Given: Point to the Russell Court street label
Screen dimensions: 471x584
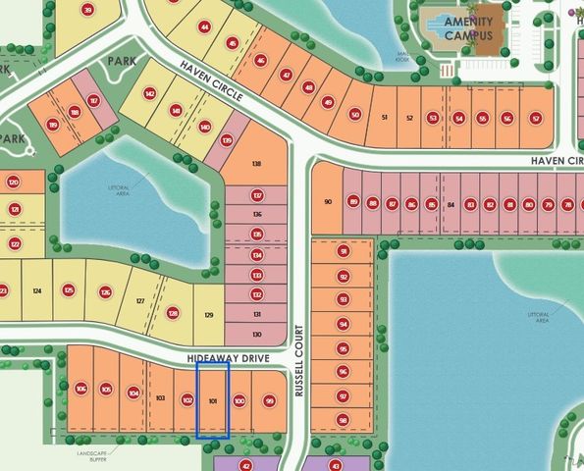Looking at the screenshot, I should click(300, 375).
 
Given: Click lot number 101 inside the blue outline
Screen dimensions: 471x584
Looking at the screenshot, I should click(214, 401).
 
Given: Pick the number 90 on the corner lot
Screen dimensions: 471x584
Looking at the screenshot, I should click(327, 202).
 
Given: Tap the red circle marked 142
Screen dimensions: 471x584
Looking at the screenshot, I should click(150, 94).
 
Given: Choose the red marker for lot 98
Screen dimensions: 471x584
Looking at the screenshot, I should click(343, 420).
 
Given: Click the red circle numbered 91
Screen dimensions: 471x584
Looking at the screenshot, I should click(343, 251).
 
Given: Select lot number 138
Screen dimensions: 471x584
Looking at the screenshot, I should click(257, 164).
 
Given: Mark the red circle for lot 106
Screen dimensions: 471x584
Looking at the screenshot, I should click(80, 389).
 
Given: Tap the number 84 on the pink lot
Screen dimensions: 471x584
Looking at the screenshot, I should click(451, 204).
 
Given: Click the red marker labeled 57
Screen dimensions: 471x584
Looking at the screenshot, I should click(535, 118).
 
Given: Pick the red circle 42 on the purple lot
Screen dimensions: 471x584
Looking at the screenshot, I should click(246, 465).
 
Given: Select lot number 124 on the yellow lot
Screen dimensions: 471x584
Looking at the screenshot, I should click(36, 290).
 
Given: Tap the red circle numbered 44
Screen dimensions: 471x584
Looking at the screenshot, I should click(204, 27).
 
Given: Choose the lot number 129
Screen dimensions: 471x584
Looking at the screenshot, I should click(208, 314).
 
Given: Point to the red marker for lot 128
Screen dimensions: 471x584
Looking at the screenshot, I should click(174, 313).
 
